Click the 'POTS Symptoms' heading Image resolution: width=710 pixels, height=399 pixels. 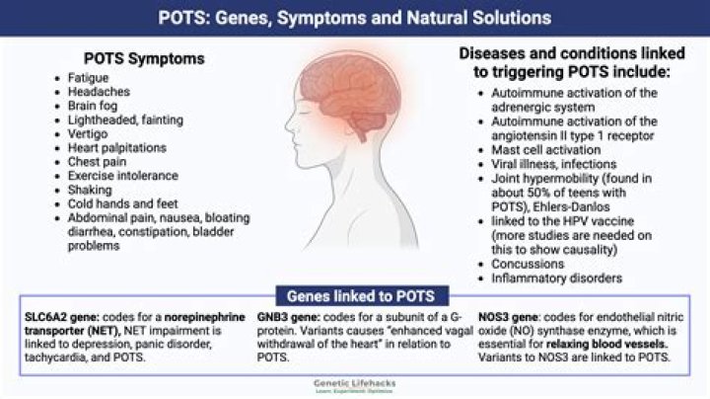(144, 59)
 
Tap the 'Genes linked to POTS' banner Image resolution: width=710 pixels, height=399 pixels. (354, 296)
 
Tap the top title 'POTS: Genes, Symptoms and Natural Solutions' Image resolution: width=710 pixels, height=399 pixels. (355, 17)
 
